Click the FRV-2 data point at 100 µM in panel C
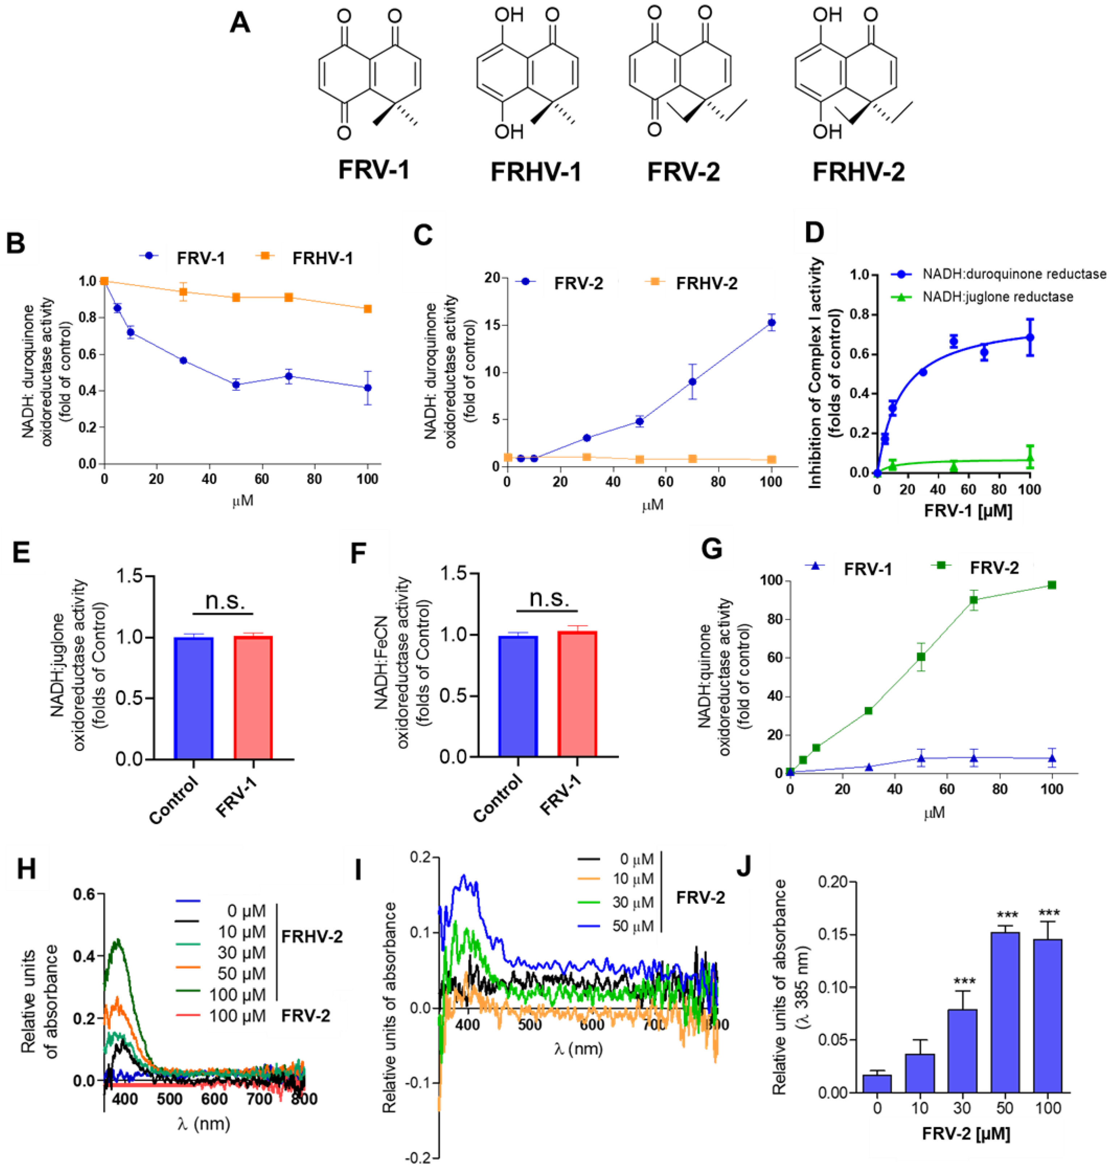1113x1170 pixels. point(771,323)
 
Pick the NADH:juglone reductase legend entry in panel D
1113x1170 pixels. point(997,296)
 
